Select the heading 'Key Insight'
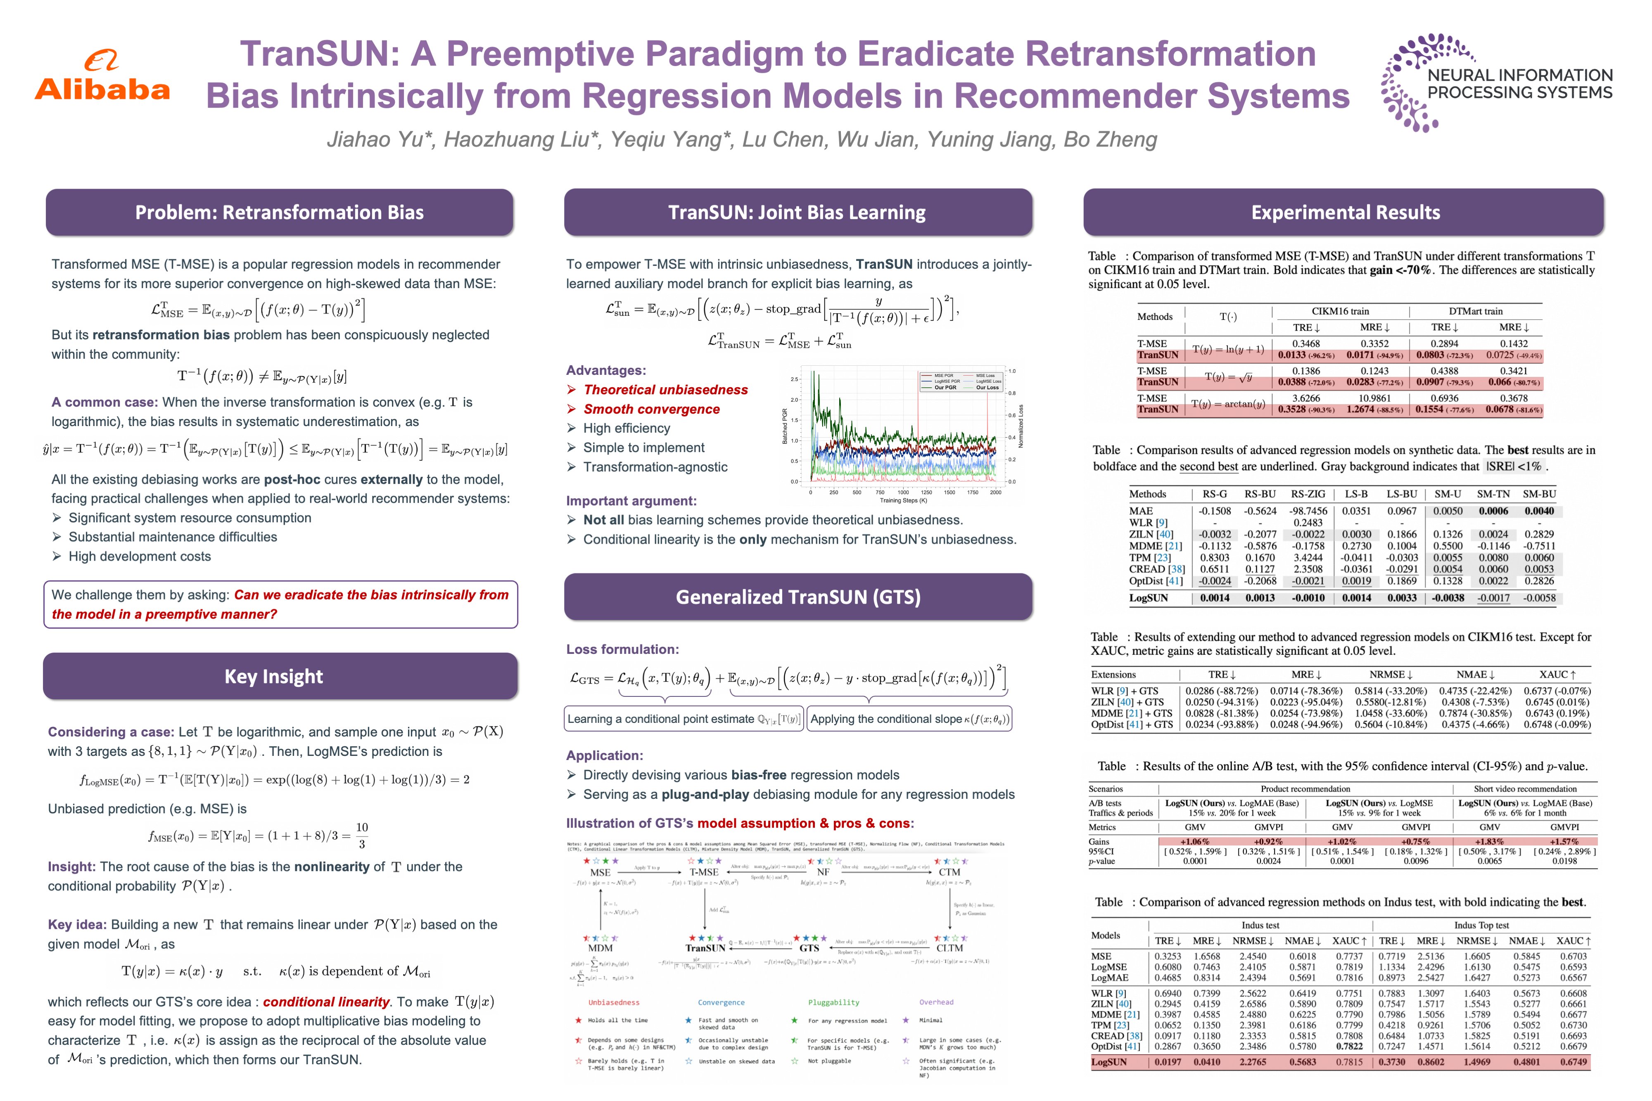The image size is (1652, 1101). tap(274, 676)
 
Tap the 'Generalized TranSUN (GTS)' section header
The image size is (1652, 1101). tap(798, 597)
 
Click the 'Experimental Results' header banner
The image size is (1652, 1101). tap(1345, 212)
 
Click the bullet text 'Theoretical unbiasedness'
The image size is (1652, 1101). tap(665, 390)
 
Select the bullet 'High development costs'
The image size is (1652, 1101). tap(139, 556)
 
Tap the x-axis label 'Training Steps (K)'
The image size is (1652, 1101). tap(903, 501)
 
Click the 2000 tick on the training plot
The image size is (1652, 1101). tap(995, 492)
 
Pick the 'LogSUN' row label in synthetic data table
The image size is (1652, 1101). tap(1149, 598)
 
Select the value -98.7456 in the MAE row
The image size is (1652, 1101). tap(1308, 511)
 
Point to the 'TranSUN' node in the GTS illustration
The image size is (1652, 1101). tap(705, 947)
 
